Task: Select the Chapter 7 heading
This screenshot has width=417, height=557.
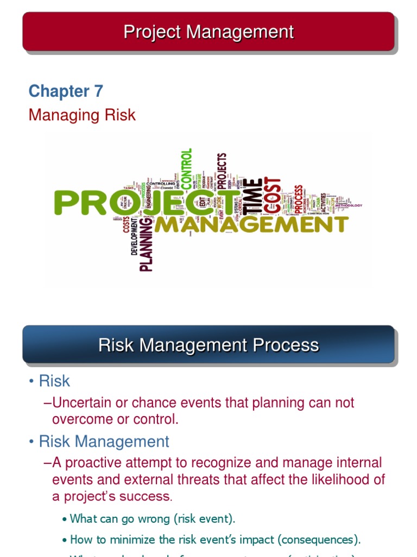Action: coord(66,91)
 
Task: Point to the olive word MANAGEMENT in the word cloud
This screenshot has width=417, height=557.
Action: coord(251,224)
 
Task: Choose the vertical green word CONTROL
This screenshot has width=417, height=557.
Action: coord(186,169)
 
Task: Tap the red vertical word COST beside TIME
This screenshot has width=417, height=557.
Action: coord(273,195)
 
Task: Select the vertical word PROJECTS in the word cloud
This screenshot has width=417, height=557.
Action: coord(221,171)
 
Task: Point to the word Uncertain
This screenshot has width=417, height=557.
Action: coord(83,403)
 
